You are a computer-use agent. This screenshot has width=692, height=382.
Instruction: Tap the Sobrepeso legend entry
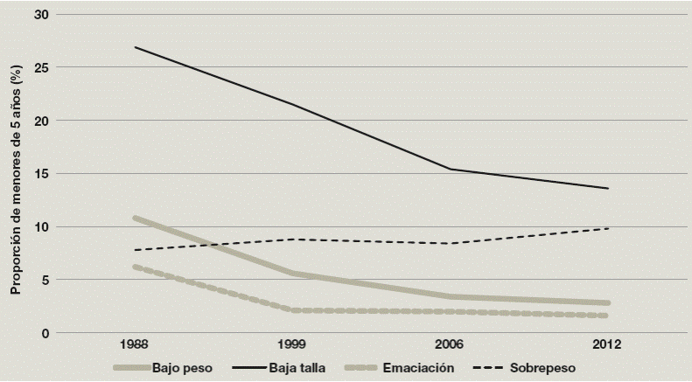(543, 368)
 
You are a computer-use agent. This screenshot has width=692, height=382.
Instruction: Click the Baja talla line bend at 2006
(450, 169)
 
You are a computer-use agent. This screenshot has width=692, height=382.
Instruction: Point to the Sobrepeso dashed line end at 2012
(607, 228)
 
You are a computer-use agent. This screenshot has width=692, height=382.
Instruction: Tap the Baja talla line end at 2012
(607, 188)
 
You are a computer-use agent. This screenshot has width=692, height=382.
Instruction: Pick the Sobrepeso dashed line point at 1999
(291, 240)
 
